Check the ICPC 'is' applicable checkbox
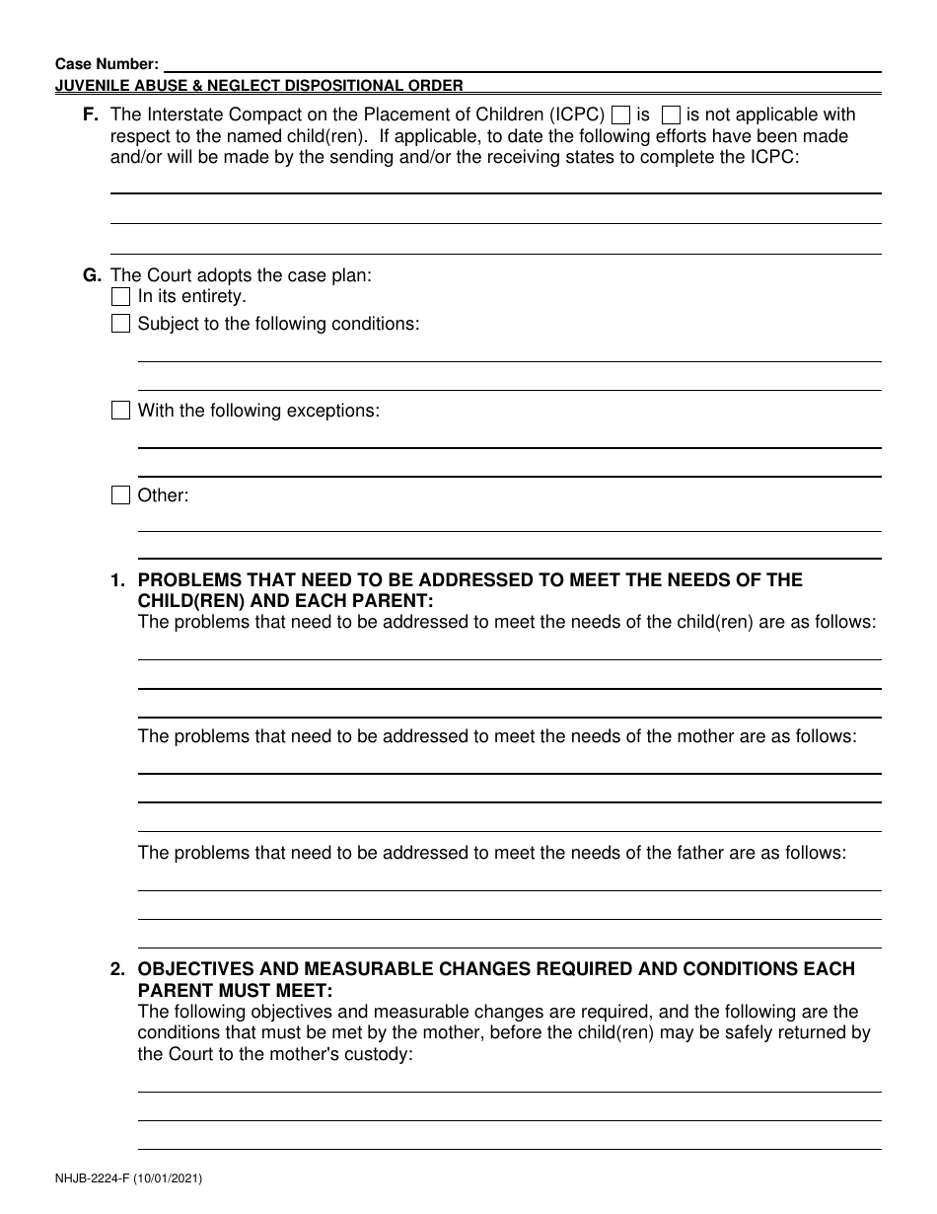[621, 115]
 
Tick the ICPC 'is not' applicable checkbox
[671, 115]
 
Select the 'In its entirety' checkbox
[120, 296]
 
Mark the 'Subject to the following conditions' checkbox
[120, 324]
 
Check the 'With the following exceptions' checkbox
[120, 411]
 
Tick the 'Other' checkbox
[120, 495]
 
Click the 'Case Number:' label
[107, 63]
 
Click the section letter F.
[91, 115]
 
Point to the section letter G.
[92, 276]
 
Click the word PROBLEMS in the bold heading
[189, 580]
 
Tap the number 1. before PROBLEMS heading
[118, 580]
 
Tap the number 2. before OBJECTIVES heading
[118, 969]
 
